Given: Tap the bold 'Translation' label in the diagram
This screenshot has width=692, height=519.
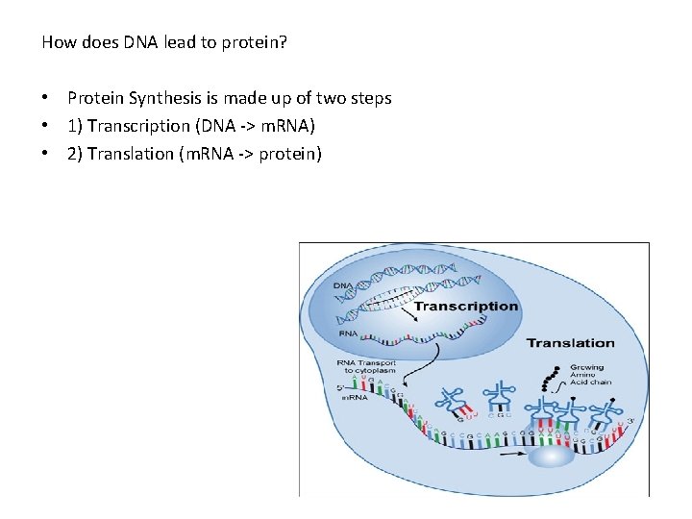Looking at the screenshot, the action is tap(570, 343).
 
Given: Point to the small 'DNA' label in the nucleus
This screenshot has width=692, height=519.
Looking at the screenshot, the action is tap(342, 285).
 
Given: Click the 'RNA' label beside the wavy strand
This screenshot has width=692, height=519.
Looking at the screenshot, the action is tap(349, 334).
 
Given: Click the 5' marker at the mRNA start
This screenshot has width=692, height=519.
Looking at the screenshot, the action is tap(341, 387).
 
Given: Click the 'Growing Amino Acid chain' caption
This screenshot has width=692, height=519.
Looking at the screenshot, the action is tap(590, 374).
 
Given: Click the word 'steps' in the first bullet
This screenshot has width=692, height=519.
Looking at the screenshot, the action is tap(371, 98).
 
